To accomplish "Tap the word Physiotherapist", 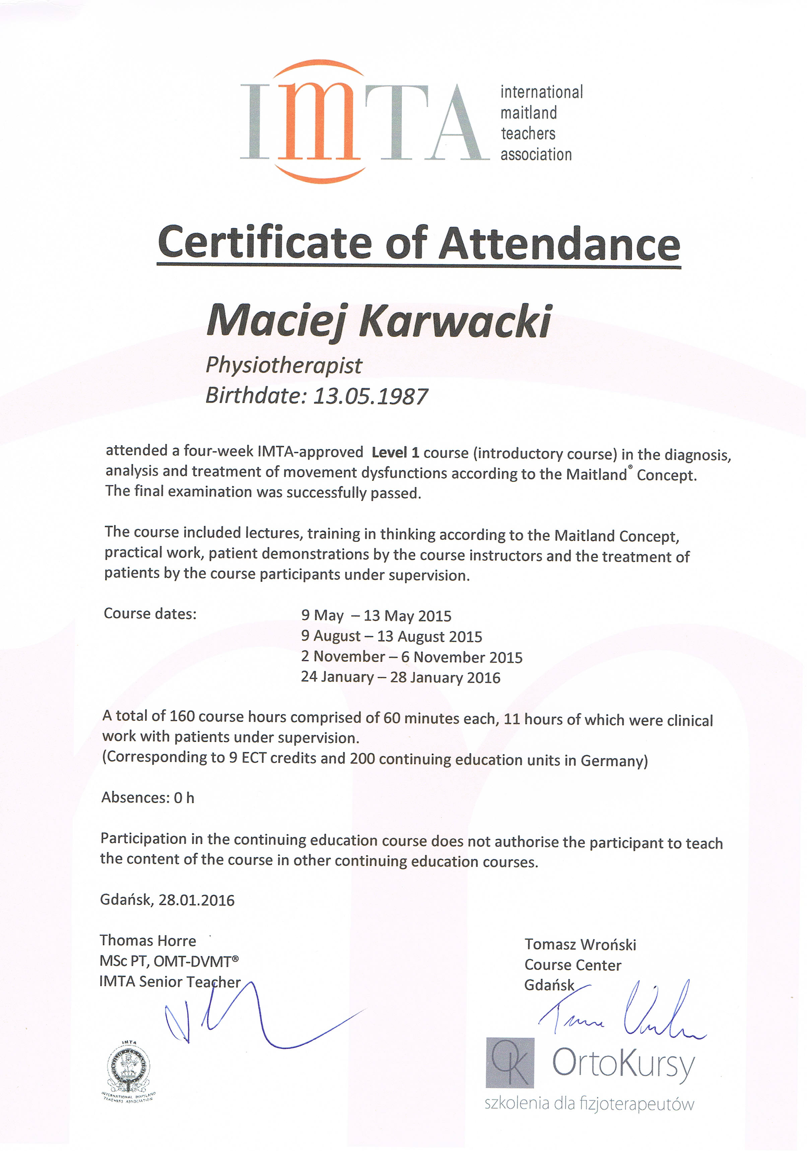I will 284,365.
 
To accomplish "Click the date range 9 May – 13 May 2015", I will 376,616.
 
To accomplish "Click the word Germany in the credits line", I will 614,761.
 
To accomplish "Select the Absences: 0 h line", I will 148,798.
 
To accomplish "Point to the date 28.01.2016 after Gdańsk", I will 197,900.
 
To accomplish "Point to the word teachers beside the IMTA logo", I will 528,134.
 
